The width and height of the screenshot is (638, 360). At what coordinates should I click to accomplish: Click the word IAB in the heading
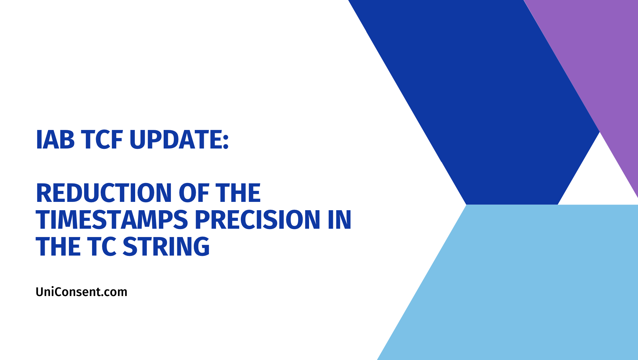click(x=55, y=140)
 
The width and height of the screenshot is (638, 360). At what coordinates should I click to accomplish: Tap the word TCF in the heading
click(x=102, y=140)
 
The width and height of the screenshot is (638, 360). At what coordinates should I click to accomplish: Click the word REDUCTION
click(x=104, y=193)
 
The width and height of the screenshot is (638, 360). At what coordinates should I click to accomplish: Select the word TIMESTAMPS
click(x=112, y=220)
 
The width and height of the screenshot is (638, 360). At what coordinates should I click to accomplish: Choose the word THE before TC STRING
click(x=58, y=247)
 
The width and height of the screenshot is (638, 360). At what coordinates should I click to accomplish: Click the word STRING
click(x=166, y=247)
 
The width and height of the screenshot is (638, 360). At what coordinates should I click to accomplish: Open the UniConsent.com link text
click(x=81, y=292)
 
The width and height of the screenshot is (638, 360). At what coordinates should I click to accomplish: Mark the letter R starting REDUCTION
click(x=43, y=193)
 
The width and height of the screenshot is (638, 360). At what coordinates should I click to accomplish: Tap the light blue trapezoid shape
click(x=517, y=282)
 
